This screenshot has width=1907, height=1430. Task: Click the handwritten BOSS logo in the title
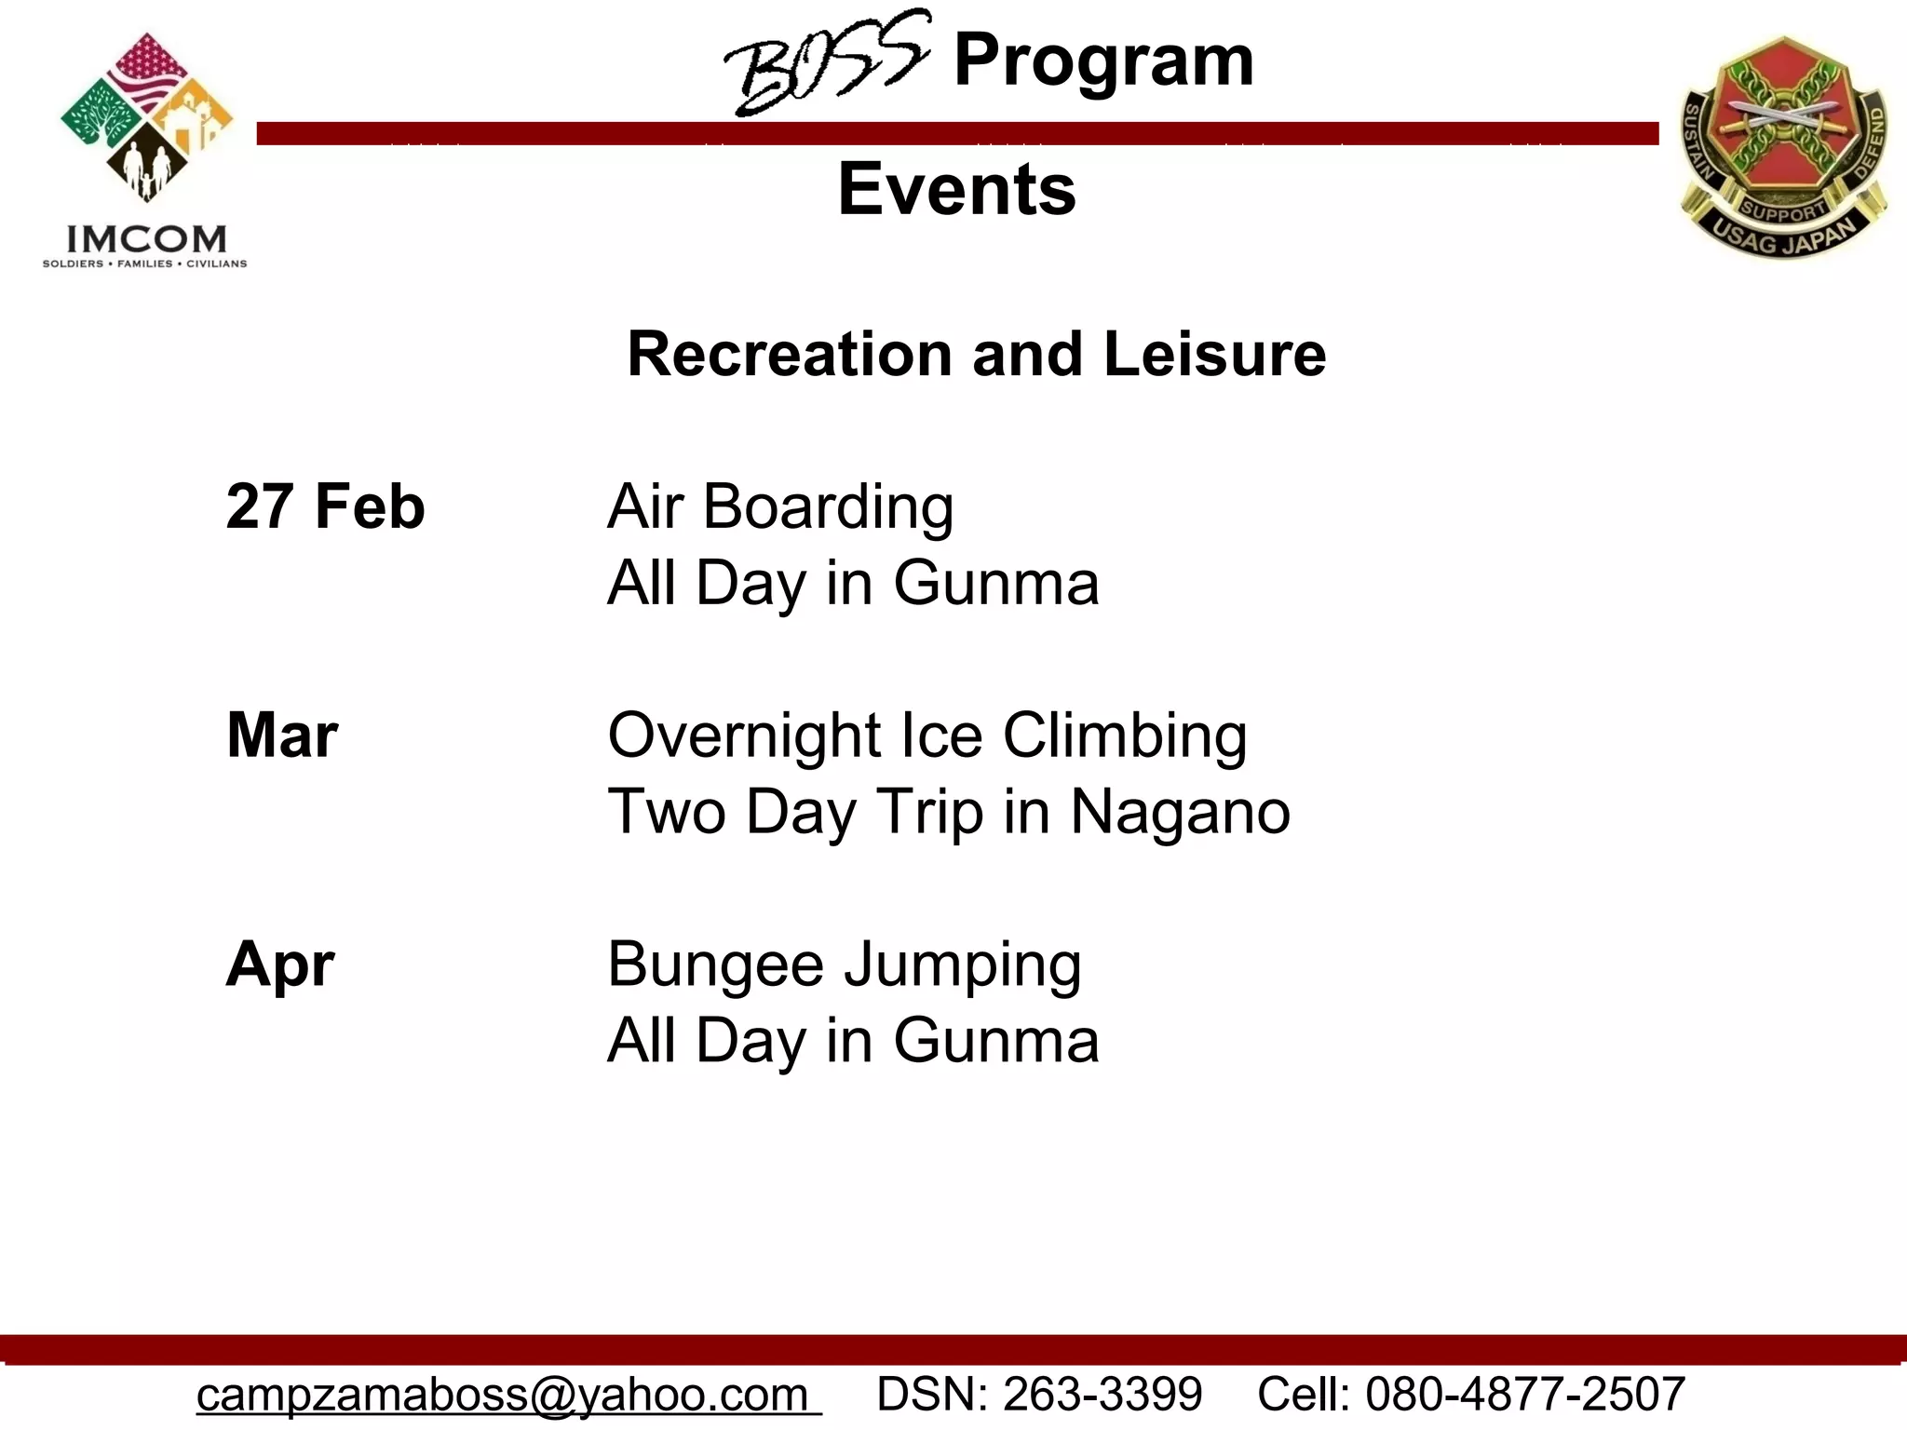825,63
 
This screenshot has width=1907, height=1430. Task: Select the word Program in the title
1103,61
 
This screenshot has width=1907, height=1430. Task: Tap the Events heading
956,189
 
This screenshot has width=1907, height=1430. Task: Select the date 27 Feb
325,507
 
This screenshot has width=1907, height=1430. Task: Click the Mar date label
282,735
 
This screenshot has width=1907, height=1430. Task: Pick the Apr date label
280,965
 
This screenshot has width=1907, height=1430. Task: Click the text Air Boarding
780,507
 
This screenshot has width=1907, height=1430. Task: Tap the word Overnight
744,737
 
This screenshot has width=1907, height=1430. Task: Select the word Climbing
1125,737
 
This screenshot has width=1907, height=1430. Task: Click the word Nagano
1180,813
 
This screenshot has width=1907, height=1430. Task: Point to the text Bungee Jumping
844,966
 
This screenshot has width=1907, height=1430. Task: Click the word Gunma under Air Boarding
996,584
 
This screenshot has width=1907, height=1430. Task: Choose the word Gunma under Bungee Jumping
996,1041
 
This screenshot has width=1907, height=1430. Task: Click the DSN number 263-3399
1102,1395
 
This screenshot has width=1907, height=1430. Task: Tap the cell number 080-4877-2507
1524,1395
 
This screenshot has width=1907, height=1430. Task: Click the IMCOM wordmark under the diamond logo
146,239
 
